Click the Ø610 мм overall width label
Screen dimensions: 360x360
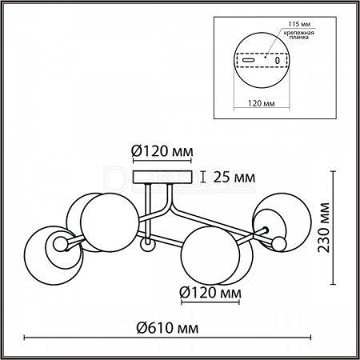point(167,327)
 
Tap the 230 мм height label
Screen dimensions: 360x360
point(324,227)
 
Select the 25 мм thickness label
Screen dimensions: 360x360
point(234,177)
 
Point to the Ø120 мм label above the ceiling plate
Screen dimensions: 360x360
point(162,151)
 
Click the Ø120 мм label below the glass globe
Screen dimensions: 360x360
point(210,293)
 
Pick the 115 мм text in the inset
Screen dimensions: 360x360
point(298,24)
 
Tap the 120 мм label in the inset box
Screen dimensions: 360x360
point(262,103)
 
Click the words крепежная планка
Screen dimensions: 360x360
point(298,35)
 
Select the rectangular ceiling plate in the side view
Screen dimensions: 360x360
point(162,178)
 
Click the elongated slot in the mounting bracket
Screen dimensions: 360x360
point(248,60)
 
